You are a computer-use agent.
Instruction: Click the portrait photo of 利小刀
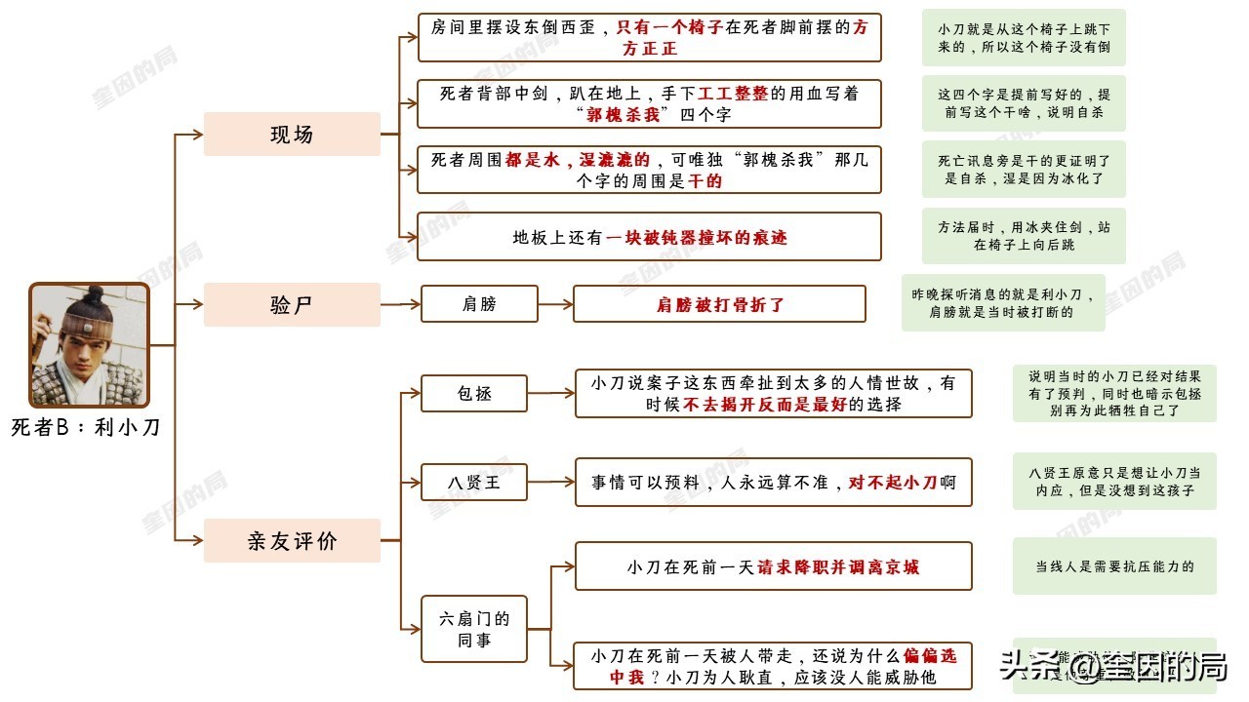coord(89,345)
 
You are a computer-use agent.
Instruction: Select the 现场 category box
coord(292,135)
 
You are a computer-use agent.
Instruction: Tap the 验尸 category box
coord(292,304)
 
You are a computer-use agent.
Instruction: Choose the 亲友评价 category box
coord(292,540)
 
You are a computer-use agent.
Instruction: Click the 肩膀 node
coord(479,304)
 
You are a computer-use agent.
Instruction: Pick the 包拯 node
coord(474,394)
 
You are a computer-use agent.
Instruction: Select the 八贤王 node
coord(474,482)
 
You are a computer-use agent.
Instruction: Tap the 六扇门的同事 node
coord(474,629)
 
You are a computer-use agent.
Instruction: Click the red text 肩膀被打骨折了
coord(720,304)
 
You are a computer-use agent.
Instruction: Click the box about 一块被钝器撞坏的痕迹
coord(649,237)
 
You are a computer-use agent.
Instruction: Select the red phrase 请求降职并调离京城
coord(838,566)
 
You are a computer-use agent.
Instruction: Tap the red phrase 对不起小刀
coord(893,482)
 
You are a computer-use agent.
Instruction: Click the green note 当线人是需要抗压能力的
coord(1114,566)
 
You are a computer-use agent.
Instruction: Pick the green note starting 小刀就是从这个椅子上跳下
coord(1024,38)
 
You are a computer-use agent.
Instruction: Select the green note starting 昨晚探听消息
coord(1003,302)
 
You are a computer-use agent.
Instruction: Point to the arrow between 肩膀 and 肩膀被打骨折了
coord(555,304)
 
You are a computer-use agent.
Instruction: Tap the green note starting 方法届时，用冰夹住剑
coord(1024,236)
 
